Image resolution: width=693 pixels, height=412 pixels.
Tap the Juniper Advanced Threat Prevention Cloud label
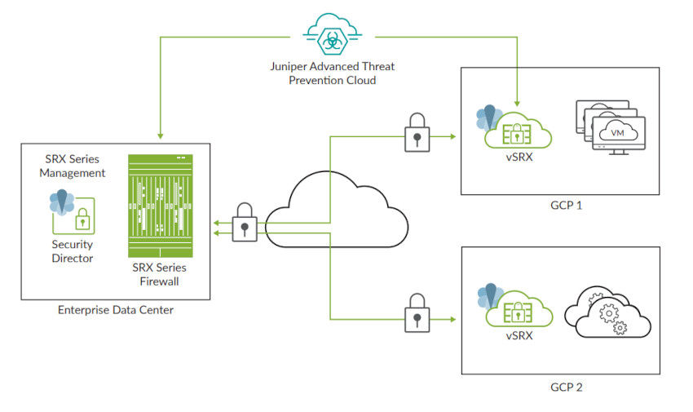[332, 74]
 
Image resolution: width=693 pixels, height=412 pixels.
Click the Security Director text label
[73, 251]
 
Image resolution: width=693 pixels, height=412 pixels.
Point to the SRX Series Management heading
[74, 166]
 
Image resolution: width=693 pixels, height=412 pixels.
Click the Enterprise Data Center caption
[116, 310]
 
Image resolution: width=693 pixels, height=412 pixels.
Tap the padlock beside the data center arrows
[245, 222]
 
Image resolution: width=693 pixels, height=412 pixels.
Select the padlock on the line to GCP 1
[415, 132]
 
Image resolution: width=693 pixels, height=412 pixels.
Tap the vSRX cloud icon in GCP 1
[519, 131]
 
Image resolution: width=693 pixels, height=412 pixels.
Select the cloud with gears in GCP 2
[612, 313]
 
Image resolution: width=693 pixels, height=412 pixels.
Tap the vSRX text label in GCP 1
[519, 157]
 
